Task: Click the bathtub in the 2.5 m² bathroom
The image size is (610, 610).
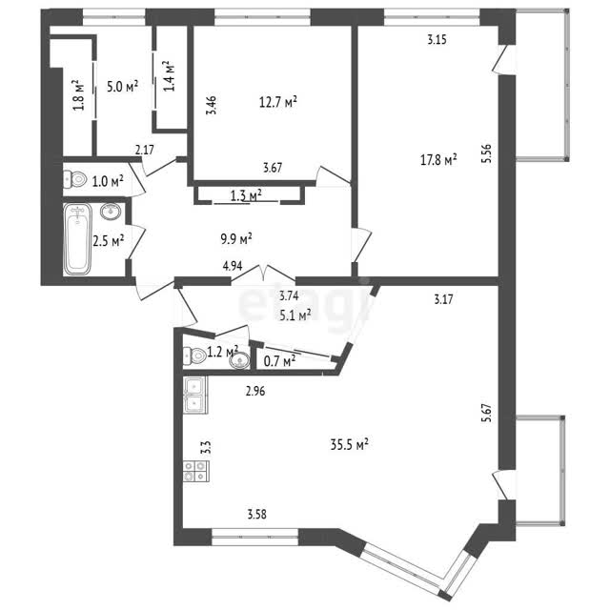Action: coord(78,239)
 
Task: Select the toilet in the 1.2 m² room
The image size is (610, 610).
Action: coord(194,356)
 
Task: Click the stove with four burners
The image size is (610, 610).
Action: coord(196,471)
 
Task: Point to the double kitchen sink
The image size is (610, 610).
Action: coord(195,395)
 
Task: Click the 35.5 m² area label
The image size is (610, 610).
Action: coord(350,444)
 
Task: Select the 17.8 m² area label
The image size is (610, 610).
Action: coord(438,159)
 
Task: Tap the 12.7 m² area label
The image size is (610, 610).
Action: coord(278,102)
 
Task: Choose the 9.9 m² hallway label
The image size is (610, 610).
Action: coord(236,238)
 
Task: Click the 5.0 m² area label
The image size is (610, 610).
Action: coord(123,87)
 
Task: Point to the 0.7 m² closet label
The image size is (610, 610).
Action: coord(279,361)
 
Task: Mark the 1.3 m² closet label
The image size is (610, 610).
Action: coord(246,195)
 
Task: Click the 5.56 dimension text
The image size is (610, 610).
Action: coord(488,153)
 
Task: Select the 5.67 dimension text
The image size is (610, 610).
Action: coord(488,414)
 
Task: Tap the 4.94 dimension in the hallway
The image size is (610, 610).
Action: coord(233,266)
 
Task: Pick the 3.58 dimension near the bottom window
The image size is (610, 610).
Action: coord(257,515)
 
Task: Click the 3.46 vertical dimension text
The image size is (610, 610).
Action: coord(213,106)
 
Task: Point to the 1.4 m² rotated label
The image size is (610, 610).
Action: coord(169,76)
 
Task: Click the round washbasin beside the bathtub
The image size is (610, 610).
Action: coord(111,212)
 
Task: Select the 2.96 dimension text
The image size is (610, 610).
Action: coord(255,391)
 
